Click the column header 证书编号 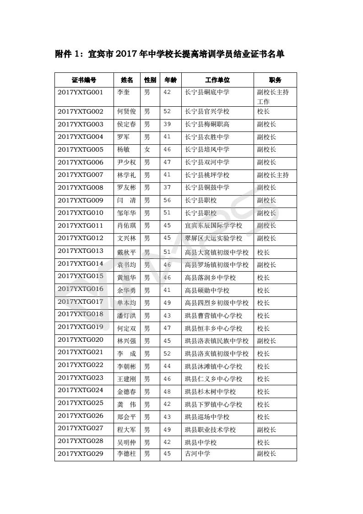84,80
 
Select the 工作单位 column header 217,80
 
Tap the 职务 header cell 275,80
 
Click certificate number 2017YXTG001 81,92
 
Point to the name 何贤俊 127,112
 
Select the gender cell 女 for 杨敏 147,150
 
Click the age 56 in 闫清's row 167,200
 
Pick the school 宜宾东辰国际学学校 213,226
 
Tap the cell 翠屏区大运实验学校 213,238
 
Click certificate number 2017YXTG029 81,454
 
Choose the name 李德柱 127,454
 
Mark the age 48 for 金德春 167,392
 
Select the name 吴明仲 127,443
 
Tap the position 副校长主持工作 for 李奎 273,97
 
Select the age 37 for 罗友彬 167,187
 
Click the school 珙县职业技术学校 210,430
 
